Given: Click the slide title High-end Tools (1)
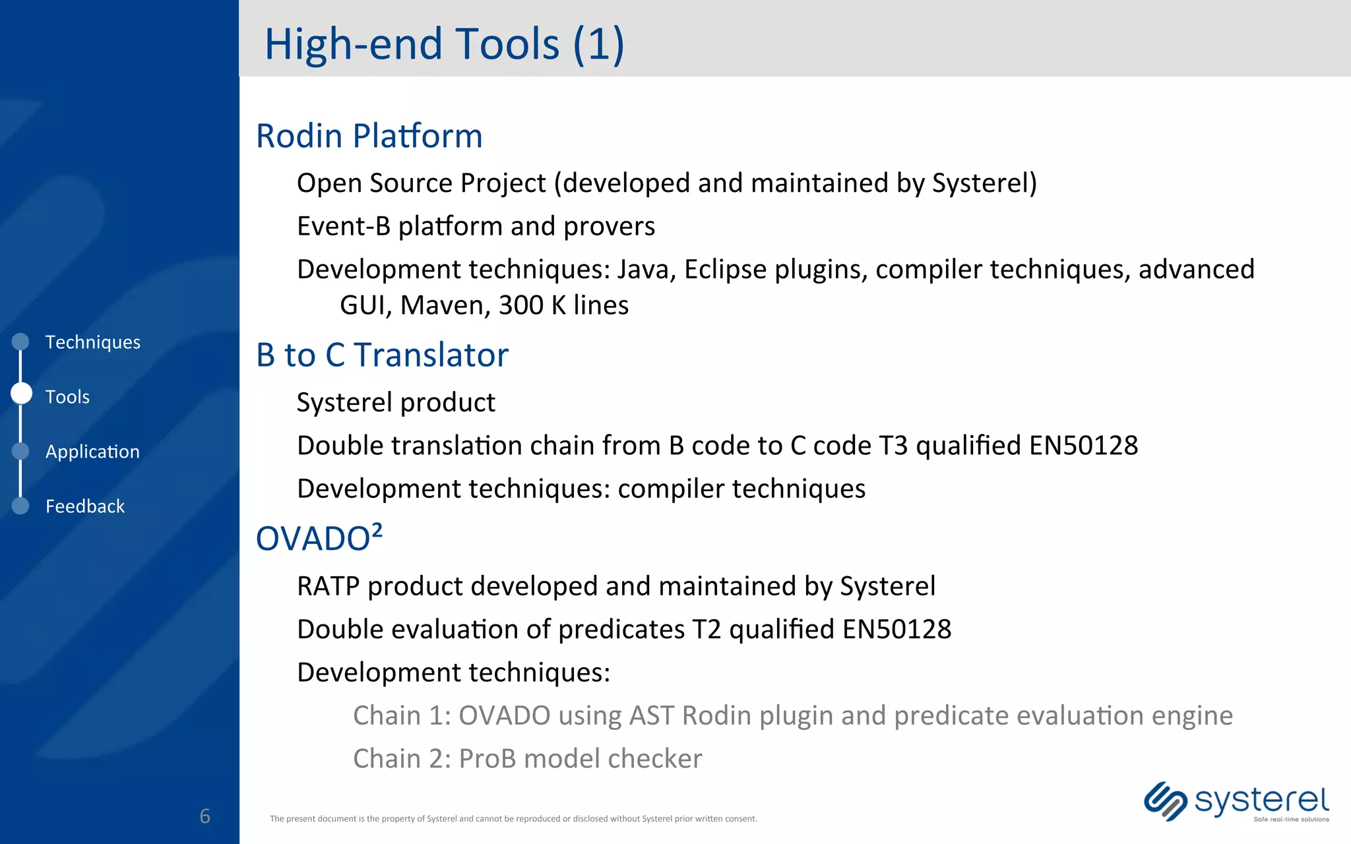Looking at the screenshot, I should (x=444, y=44).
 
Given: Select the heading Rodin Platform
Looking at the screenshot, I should (x=369, y=136).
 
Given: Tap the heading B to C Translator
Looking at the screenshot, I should (x=382, y=355).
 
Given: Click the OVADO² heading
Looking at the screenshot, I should (x=319, y=538).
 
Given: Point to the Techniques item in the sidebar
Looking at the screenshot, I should (x=92, y=342).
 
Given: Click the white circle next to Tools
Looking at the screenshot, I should (x=22, y=394).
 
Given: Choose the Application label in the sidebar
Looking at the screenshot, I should (x=92, y=452).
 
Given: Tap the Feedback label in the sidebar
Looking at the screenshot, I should (x=85, y=506).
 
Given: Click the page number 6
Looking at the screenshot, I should (x=204, y=816).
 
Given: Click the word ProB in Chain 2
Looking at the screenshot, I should (x=487, y=759).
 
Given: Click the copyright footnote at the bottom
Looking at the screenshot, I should (x=513, y=819).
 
